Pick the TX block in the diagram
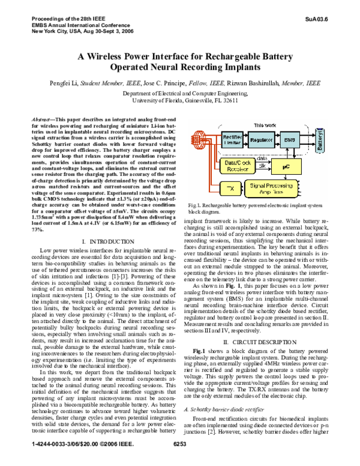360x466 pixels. point(230,188)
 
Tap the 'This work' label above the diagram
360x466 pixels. point(265,125)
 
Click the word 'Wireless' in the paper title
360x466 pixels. point(120,57)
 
